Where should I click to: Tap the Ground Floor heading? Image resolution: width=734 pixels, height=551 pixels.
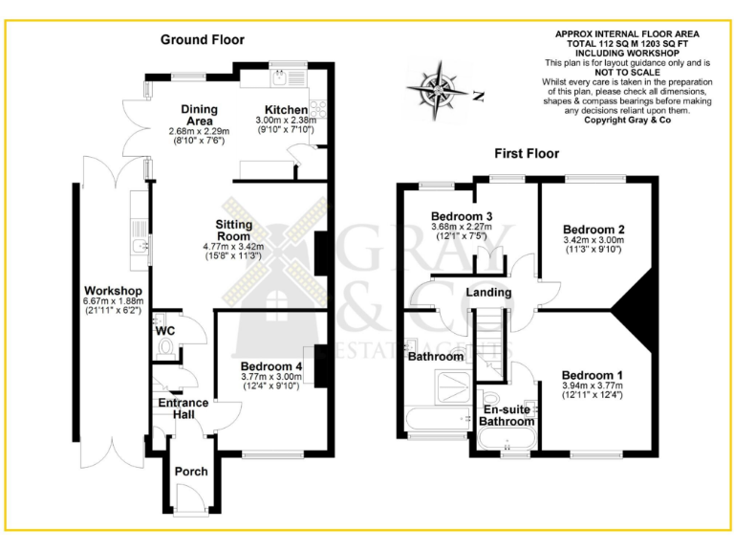(202, 39)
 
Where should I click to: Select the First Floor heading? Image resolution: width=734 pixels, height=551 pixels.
(526, 153)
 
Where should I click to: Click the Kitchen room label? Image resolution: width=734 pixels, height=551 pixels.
(286, 110)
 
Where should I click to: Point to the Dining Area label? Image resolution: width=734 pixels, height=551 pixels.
(201, 116)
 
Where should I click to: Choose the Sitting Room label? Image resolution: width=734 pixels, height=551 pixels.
(233, 230)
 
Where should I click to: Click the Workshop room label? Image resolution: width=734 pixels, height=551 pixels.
(113, 291)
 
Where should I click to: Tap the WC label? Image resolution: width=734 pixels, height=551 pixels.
(164, 331)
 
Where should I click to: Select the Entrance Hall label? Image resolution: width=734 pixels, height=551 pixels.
(183, 408)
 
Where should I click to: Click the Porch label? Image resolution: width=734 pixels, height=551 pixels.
(190, 472)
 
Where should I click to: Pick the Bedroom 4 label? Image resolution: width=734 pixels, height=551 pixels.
(271, 366)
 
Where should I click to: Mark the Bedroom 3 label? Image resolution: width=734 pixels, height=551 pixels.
(462, 215)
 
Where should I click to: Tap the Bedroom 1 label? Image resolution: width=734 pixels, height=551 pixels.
(593, 374)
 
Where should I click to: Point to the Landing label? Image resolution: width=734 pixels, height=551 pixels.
(488, 292)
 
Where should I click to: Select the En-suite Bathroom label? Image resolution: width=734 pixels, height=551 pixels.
(506, 415)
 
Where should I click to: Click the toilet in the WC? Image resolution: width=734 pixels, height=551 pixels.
(167, 346)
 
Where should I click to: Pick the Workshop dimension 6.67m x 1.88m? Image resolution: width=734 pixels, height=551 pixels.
(113, 302)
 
